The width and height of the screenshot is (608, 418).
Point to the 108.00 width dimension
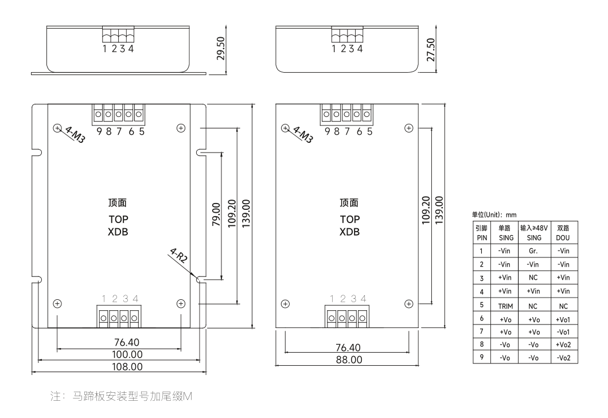(x=119, y=366)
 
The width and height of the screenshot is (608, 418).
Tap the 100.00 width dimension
(x=119, y=354)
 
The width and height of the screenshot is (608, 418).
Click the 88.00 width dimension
(x=349, y=360)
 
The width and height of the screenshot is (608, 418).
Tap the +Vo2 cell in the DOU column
(x=563, y=345)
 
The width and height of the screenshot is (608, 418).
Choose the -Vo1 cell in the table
(x=563, y=332)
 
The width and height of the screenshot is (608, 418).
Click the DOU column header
(x=563, y=232)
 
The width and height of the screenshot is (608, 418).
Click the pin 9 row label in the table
(x=481, y=358)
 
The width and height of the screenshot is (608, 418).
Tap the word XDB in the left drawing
(x=119, y=233)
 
